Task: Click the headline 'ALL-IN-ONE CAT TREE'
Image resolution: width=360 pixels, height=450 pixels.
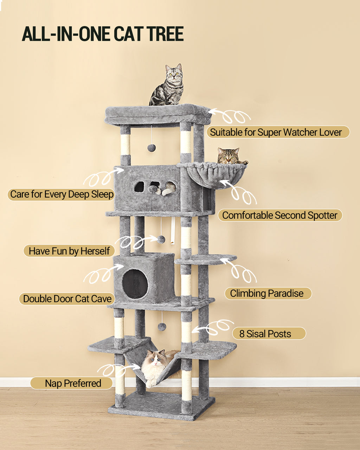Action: click(103, 34)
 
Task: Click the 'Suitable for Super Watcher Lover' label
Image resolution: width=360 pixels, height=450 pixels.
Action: click(276, 132)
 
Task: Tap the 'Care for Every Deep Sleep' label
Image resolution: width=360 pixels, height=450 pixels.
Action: click(62, 194)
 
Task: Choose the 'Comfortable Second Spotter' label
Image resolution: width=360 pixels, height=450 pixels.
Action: click(279, 215)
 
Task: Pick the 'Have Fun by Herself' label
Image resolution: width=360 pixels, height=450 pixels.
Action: click(69, 251)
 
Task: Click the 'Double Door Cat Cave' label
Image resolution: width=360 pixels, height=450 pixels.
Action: click(67, 299)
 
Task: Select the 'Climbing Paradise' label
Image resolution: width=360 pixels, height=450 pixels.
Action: click(267, 294)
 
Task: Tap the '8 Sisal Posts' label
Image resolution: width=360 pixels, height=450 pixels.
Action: click(265, 334)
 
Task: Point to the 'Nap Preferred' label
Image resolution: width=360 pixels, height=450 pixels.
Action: click(73, 383)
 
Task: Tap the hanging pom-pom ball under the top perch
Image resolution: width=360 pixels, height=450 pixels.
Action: click(152, 147)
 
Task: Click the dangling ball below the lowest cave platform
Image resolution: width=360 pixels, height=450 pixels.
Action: click(162, 327)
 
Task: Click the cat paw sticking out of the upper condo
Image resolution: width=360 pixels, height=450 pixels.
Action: click(167, 191)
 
